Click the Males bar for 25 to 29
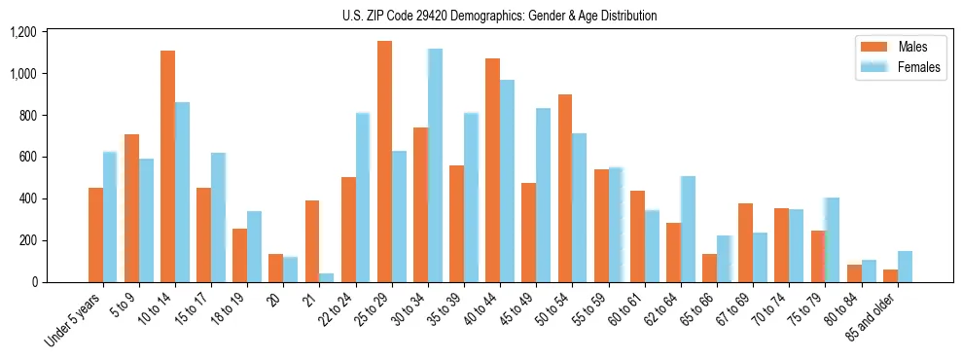[x=384, y=162]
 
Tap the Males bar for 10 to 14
[x=167, y=166]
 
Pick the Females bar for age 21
[x=327, y=277]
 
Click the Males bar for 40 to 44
[x=493, y=170]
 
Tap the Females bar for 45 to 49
[x=544, y=195]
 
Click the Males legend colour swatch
[x=870, y=47]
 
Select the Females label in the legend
[x=919, y=67]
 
